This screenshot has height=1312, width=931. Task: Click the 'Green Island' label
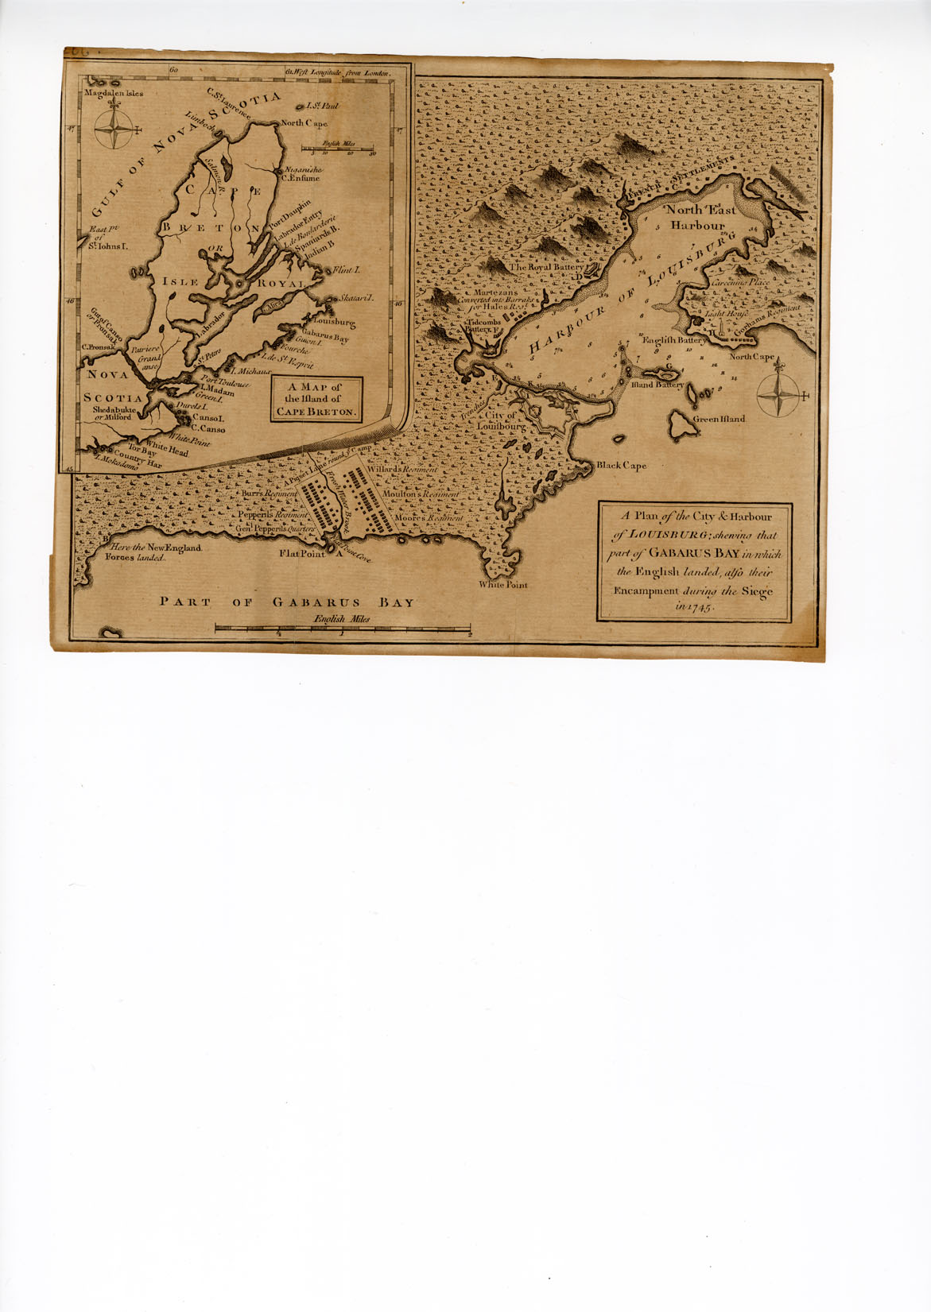(720, 419)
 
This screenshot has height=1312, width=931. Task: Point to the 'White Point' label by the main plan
(502, 585)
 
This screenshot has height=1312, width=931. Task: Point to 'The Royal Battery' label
(545, 268)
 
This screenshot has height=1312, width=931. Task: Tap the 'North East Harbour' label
(701, 218)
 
